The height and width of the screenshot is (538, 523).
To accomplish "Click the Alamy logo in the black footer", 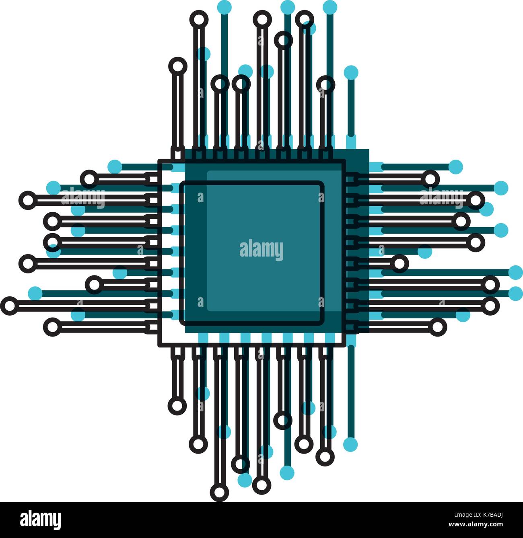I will (x=40, y=520).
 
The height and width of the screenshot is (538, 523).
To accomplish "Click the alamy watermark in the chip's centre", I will (x=261, y=250).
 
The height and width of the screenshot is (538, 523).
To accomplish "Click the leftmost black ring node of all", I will (x=9, y=306).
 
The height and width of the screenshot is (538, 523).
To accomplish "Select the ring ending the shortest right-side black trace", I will (x=399, y=264).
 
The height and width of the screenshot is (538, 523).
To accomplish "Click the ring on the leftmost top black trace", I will (x=178, y=66).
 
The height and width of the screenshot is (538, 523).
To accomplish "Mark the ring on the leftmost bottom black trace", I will (x=177, y=405).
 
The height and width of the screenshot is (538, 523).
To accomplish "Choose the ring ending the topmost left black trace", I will (x=89, y=179).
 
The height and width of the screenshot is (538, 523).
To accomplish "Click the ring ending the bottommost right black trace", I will (x=437, y=326).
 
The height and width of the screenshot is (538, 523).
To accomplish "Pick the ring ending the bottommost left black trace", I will (x=52, y=326).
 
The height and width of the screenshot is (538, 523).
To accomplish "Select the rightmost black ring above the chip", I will (x=325, y=85).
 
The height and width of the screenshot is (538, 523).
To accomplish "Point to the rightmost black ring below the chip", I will (x=325, y=456).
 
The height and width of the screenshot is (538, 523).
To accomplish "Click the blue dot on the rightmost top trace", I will (x=351, y=72).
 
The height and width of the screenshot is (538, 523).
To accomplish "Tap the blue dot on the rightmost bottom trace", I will (x=350, y=444).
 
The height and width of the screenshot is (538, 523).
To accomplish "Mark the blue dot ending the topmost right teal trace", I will (x=455, y=166).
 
